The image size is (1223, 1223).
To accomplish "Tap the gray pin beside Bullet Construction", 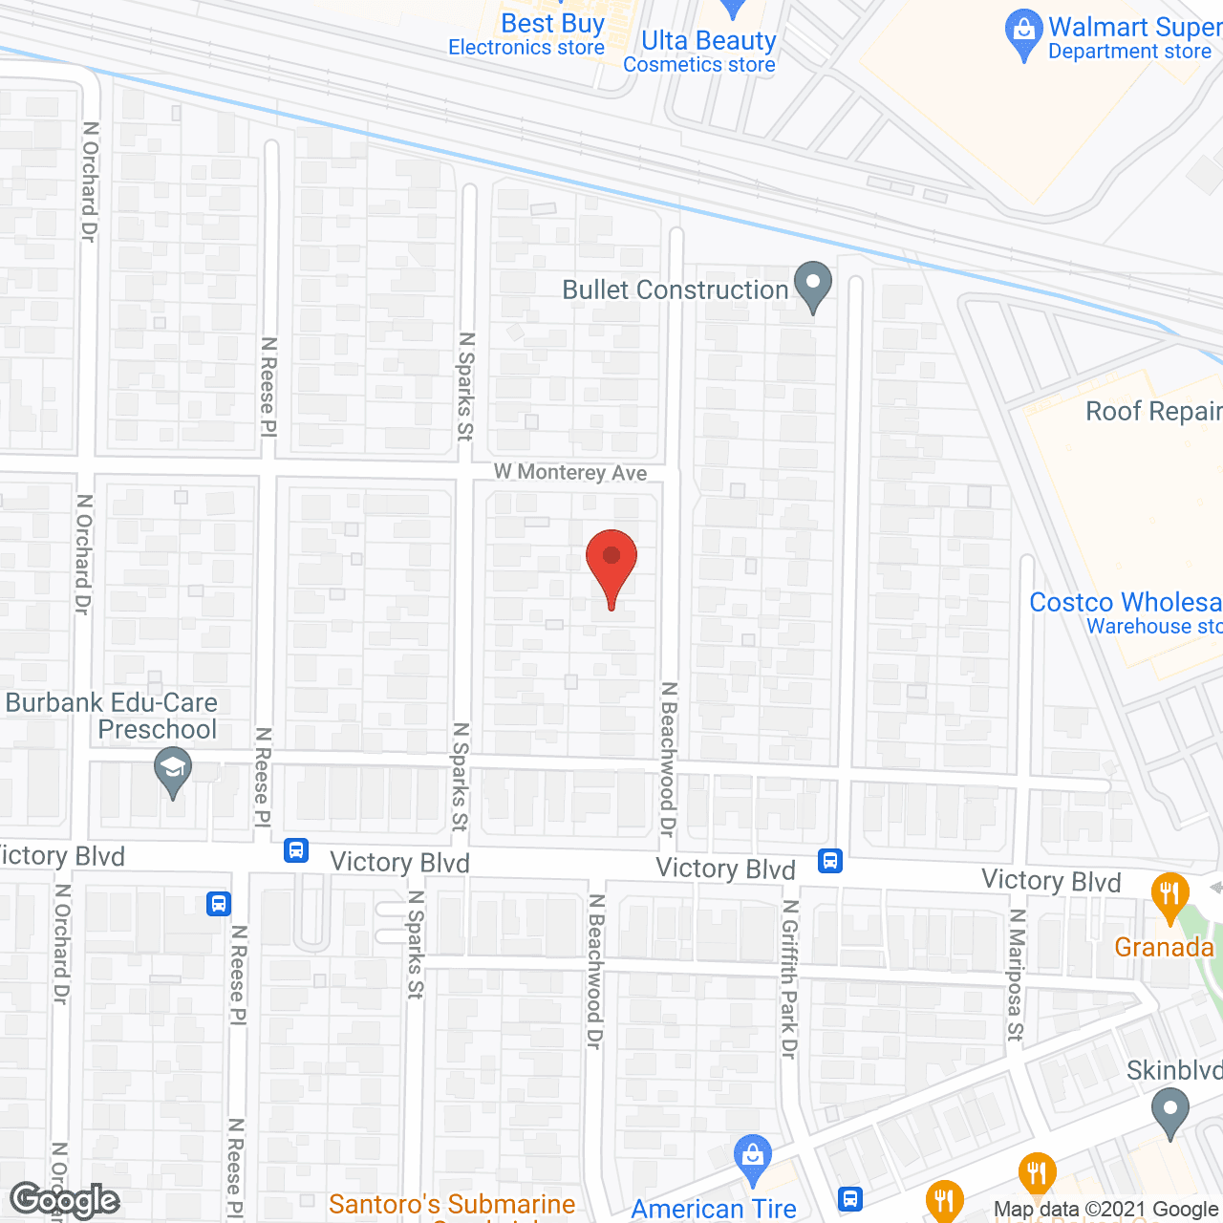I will (x=813, y=285).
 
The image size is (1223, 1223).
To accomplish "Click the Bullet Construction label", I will (x=675, y=290).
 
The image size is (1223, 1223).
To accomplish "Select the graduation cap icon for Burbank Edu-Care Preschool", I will (x=173, y=769).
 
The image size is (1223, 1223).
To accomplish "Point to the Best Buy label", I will (x=552, y=24).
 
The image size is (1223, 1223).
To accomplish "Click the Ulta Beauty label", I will (x=708, y=41).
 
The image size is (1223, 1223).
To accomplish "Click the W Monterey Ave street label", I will (x=569, y=472).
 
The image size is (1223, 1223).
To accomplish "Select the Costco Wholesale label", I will (x=1125, y=602).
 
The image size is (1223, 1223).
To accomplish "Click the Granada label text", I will (x=1164, y=947).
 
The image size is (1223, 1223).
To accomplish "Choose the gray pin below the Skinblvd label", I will (x=1169, y=1113).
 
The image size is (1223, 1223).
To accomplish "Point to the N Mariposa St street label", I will (x=1016, y=975).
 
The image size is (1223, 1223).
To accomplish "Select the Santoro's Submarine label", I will (x=452, y=1204).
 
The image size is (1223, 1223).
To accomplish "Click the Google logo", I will (x=64, y=1200).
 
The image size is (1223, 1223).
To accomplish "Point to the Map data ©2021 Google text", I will (x=1105, y=1210).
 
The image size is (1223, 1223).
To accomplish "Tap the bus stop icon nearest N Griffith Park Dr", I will (x=830, y=861).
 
